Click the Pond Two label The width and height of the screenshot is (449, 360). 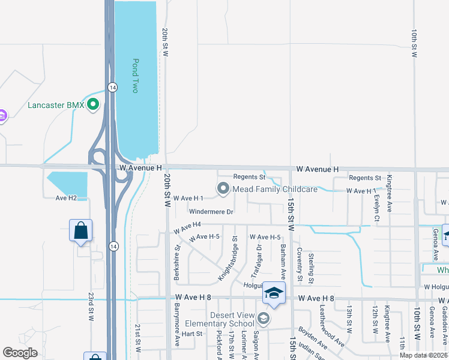(136, 75)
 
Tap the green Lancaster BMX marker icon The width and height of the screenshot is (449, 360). (93, 106)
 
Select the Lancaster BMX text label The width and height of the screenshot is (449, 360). (56, 106)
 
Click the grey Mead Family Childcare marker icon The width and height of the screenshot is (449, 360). (223, 189)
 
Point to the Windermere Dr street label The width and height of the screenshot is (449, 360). (211, 212)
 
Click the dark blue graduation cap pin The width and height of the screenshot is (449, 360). (273, 294)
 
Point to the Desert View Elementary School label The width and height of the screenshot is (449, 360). (224, 319)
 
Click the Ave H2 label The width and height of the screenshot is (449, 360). (67, 197)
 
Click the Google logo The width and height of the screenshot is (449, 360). (20, 353)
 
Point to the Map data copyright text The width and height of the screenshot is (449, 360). (424, 355)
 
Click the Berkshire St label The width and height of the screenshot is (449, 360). (178, 256)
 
